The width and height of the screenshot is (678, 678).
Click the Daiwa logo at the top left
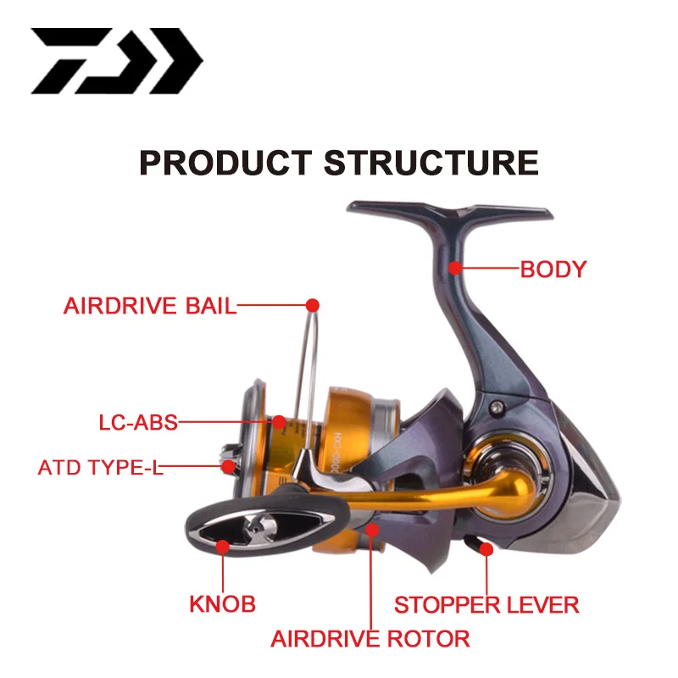point(117,61)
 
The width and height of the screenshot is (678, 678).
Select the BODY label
point(553,270)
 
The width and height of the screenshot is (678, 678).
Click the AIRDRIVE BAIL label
point(150,306)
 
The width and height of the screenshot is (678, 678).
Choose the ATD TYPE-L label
point(100,467)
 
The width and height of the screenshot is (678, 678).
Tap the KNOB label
point(221,604)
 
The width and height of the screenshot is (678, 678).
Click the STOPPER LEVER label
point(486,604)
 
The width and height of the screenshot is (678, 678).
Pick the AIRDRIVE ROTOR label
point(370,637)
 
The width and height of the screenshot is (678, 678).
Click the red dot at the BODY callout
point(455,269)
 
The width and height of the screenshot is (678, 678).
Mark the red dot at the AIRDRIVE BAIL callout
point(312,303)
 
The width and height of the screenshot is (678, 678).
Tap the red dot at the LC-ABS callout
point(280,421)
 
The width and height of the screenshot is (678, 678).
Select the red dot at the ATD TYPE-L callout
point(227,465)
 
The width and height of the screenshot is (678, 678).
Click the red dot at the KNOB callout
point(223,547)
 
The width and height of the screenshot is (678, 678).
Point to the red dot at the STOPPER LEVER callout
point(486,549)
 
